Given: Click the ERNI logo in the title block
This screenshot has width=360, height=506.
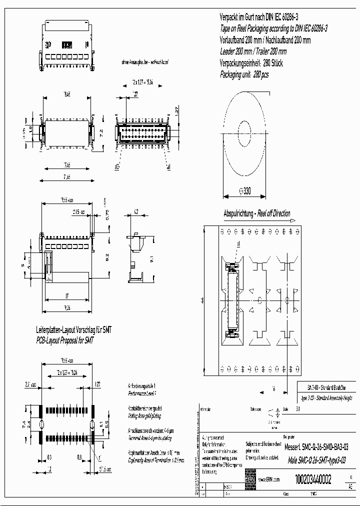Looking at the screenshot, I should (x=250, y=478).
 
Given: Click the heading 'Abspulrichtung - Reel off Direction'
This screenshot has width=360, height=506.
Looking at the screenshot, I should (x=257, y=213).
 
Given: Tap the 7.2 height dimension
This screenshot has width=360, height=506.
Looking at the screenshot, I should (x=101, y=133).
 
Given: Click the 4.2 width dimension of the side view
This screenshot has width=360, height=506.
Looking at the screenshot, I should (x=136, y=212).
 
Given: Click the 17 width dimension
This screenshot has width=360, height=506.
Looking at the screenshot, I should (x=66, y=295).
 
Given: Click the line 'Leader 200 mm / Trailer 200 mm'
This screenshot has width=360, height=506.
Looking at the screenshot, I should (x=253, y=51).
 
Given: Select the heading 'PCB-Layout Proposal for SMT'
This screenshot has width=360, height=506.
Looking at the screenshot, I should (x=65, y=340).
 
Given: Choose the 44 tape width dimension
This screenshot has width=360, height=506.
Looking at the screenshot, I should (x=202, y=300).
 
